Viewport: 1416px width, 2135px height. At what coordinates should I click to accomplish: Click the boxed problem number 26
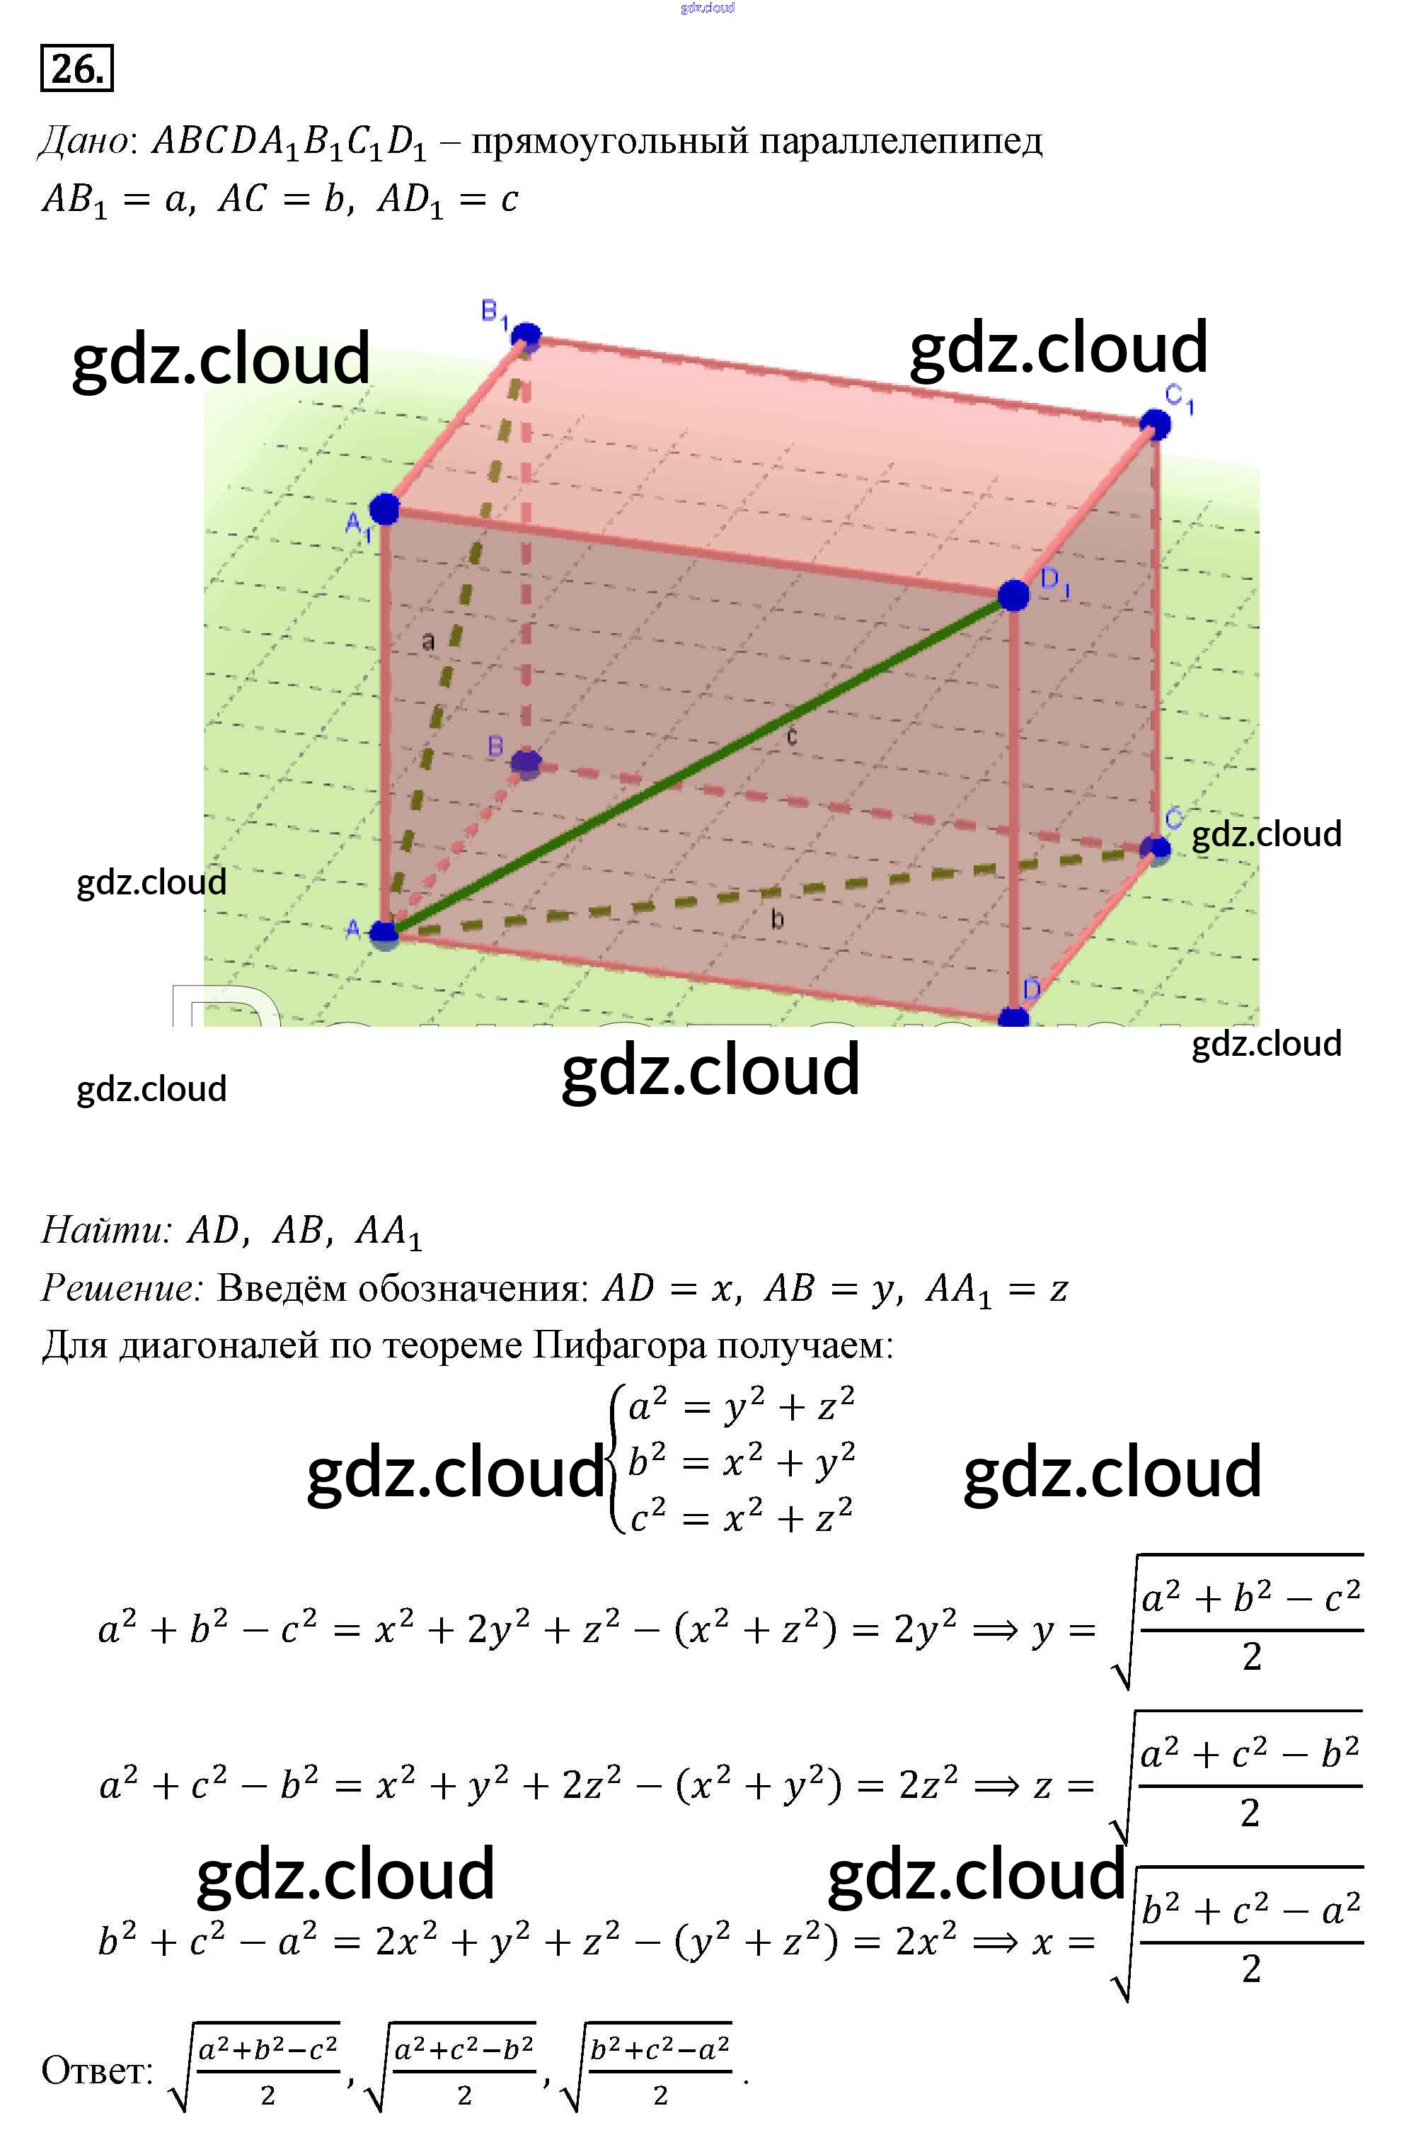(x=76, y=69)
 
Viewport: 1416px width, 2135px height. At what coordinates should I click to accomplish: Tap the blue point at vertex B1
(x=526, y=337)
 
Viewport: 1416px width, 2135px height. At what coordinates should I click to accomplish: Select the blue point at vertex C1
(x=1155, y=423)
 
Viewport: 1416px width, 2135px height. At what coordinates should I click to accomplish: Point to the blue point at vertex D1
(x=1013, y=596)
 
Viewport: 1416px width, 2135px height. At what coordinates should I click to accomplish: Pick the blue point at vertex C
(x=1155, y=848)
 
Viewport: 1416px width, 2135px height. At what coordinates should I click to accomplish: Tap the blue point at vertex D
(x=1013, y=1018)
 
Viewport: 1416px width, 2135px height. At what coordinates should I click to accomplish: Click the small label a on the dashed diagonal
(x=428, y=642)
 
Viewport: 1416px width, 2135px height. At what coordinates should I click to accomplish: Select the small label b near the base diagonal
(x=776, y=920)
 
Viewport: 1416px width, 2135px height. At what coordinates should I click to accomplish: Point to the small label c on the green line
(x=792, y=736)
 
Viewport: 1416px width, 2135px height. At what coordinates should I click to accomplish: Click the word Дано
(x=85, y=141)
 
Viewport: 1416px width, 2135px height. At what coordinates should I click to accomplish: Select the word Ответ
(x=98, y=2070)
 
